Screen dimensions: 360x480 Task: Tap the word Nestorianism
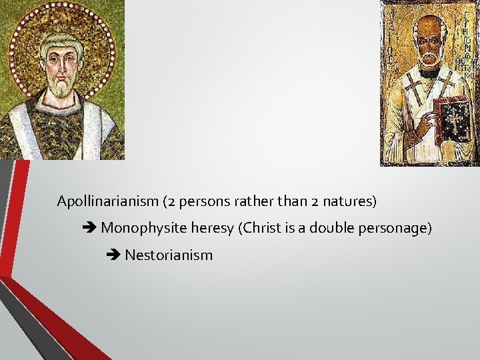coord(169,255)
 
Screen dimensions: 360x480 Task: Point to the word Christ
coord(260,228)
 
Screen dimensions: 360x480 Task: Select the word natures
coord(353,201)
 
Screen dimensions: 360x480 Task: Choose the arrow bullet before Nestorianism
coord(114,255)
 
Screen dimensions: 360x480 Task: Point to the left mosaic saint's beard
coord(63,85)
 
